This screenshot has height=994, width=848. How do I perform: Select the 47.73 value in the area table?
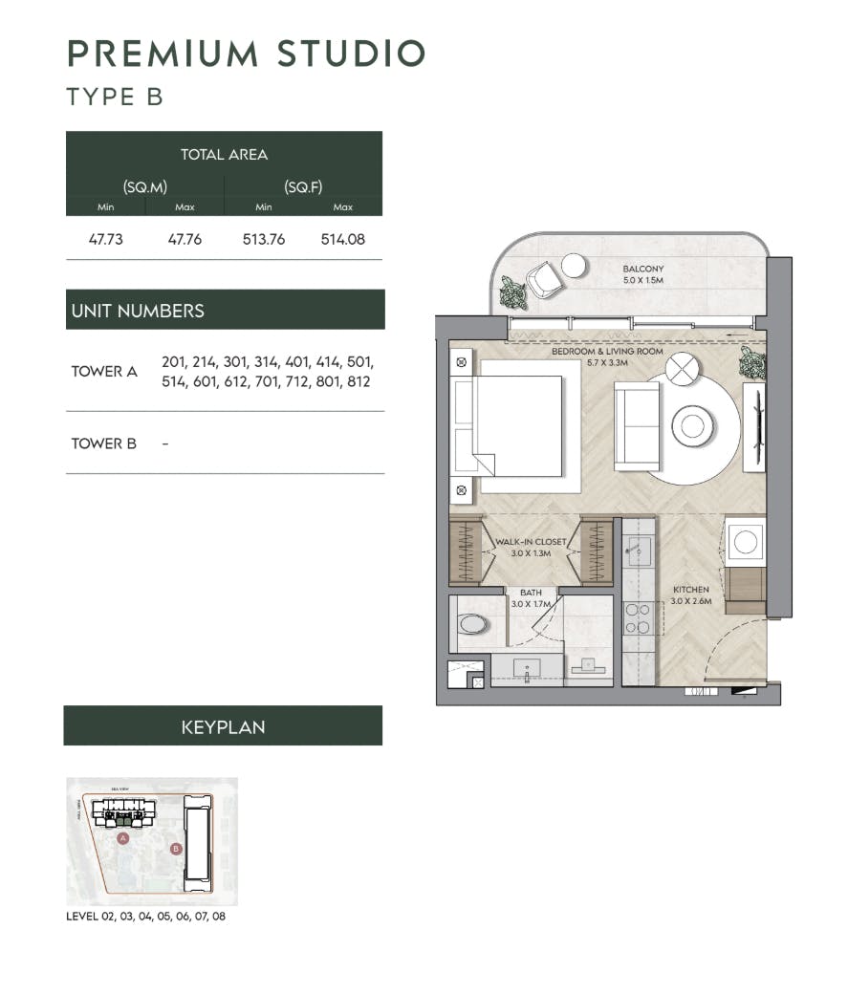[x=106, y=240]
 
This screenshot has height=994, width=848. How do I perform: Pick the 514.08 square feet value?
[x=342, y=240]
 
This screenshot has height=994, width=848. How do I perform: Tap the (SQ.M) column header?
[x=145, y=187]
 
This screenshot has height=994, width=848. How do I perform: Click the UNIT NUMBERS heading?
[x=138, y=311]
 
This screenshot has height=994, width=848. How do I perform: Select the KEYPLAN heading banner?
[x=223, y=727]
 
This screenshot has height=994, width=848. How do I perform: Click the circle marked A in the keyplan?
[x=122, y=837]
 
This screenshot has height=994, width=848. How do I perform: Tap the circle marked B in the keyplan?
[x=175, y=848]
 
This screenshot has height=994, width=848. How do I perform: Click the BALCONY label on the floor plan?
[x=643, y=270]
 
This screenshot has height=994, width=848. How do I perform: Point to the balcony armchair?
[x=542, y=278]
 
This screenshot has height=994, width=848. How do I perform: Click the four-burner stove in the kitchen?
[x=638, y=617]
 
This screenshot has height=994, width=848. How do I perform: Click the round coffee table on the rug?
[x=691, y=425]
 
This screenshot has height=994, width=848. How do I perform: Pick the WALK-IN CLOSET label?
[x=531, y=542]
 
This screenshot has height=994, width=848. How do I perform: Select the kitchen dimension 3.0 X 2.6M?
[x=690, y=602]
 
